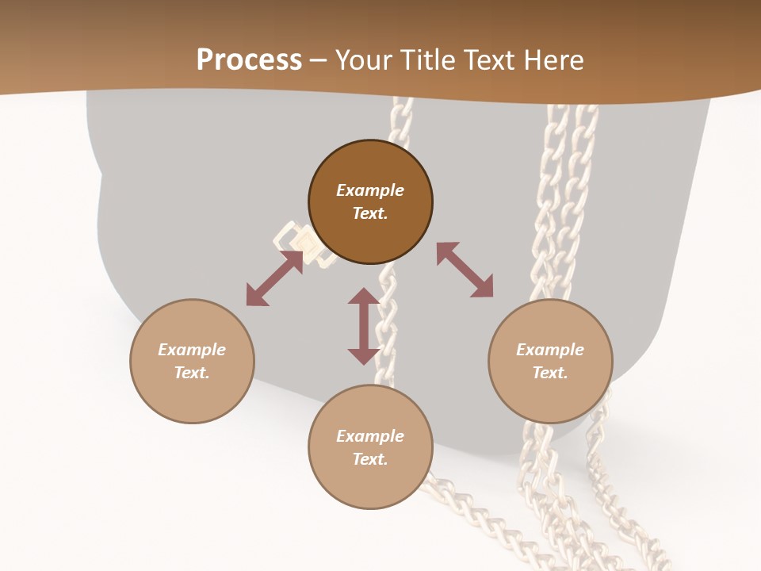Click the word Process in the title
point(249,60)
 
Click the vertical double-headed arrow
point(364,326)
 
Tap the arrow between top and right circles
point(465,270)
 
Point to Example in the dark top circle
point(370,190)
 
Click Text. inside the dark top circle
point(370,213)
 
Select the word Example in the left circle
point(192,350)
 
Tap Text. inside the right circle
point(550,373)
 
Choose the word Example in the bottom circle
point(370,436)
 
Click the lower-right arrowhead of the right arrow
point(483,287)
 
